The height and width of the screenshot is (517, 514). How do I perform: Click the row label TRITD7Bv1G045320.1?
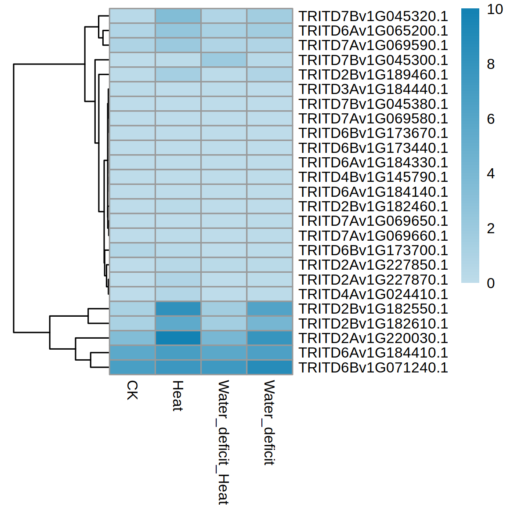373,16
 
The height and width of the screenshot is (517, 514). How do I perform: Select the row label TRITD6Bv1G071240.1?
373,368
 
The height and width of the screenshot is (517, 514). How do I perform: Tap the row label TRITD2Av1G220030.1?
373,338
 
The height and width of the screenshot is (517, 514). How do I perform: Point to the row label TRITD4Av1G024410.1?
373,294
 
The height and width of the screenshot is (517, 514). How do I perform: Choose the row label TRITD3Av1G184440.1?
373,89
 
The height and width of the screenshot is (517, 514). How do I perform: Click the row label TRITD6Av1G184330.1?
373,163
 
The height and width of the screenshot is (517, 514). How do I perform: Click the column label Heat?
177,396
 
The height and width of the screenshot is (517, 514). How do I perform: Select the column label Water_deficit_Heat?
223,442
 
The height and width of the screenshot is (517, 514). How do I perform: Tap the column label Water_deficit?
269,423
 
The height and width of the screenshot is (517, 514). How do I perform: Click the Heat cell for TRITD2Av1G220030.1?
178,338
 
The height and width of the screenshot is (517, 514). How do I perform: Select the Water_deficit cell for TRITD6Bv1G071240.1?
269,368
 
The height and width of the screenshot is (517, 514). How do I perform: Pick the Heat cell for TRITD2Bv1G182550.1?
178,309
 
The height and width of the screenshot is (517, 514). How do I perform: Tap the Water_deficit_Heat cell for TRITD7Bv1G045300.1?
224,60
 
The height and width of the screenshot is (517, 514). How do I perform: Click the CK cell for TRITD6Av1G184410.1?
132,353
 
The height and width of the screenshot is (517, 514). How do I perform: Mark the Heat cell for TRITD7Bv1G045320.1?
178,16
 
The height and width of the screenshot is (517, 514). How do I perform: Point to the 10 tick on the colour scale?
495,9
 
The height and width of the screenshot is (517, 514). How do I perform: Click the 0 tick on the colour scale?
491,283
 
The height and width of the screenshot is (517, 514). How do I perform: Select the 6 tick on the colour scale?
491,119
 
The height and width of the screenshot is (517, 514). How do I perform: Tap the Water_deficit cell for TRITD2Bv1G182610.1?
269,324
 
